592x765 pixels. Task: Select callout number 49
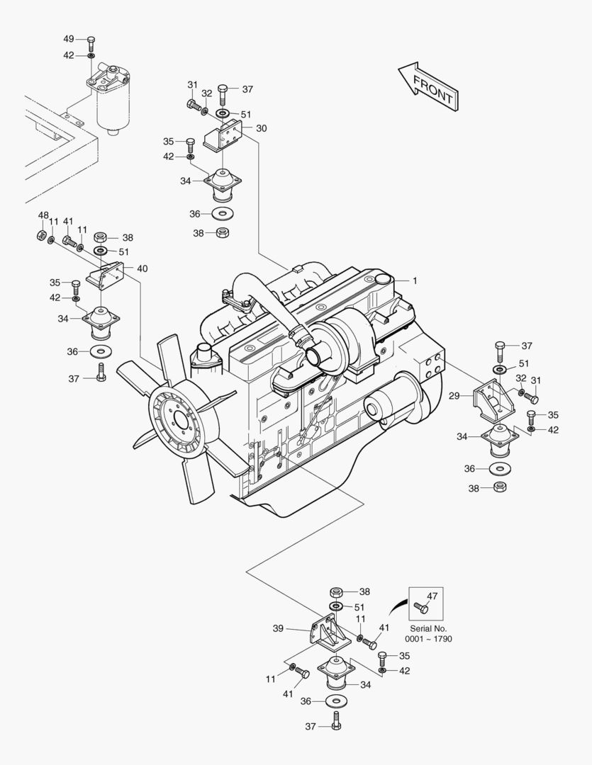[x=69, y=38]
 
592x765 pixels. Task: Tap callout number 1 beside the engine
[x=415, y=280]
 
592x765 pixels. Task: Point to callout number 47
[x=432, y=596]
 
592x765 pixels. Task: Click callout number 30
[x=262, y=128]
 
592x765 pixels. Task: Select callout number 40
[x=143, y=268]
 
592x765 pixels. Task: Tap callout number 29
[x=454, y=396]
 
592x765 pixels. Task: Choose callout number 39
[x=278, y=628]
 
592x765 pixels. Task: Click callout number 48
[x=43, y=215]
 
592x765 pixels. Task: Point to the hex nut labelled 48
[x=41, y=234]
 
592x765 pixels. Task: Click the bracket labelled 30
[x=224, y=137]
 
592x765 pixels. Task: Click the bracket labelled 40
[x=106, y=274]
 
